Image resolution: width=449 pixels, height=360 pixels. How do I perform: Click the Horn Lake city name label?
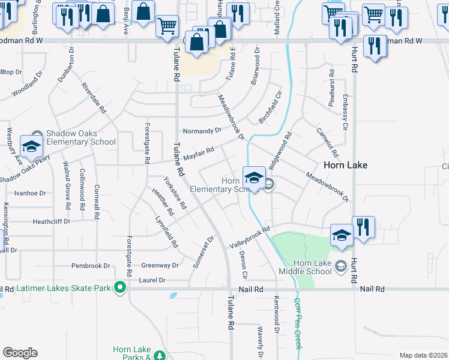345,164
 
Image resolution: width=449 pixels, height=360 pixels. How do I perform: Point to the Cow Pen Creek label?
297,324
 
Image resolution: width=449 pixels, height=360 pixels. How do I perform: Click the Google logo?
20,353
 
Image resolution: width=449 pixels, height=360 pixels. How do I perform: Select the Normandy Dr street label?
202,130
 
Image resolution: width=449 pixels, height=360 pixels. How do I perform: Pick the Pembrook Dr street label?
91,265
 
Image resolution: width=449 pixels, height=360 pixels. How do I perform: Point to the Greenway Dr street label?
160,265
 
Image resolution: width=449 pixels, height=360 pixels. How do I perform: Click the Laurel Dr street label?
152,280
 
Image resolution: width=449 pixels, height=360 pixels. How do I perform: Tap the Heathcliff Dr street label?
52,221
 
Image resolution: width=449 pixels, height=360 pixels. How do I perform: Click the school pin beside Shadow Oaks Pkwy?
31,146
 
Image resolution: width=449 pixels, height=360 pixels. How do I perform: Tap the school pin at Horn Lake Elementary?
255,178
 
